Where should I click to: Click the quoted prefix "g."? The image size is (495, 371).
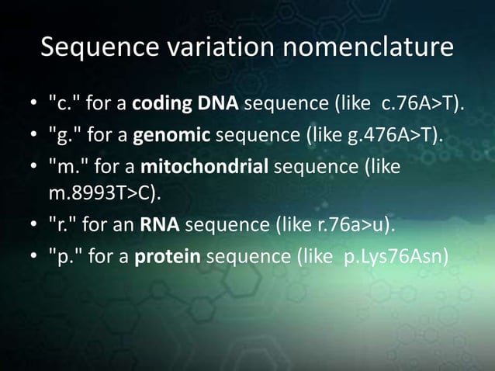click(63, 137)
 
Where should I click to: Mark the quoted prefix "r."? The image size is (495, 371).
click(61, 227)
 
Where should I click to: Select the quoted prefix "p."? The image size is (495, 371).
click(63, 256)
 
